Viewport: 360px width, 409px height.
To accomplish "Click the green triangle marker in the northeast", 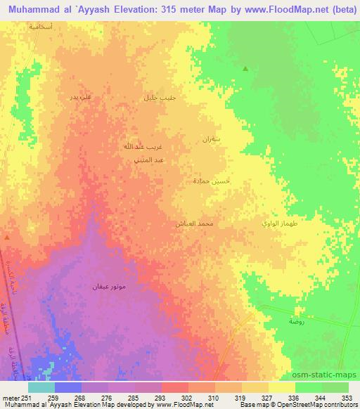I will click(245, 68).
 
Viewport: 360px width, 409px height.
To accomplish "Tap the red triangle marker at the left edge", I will click(7, 238).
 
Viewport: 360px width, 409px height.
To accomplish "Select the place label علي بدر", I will click(78, 96).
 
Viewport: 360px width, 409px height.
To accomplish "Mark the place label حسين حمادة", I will click(211, 181).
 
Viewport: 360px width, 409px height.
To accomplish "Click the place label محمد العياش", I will click(194, 223).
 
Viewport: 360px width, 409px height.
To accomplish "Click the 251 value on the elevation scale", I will click(20, 397).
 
